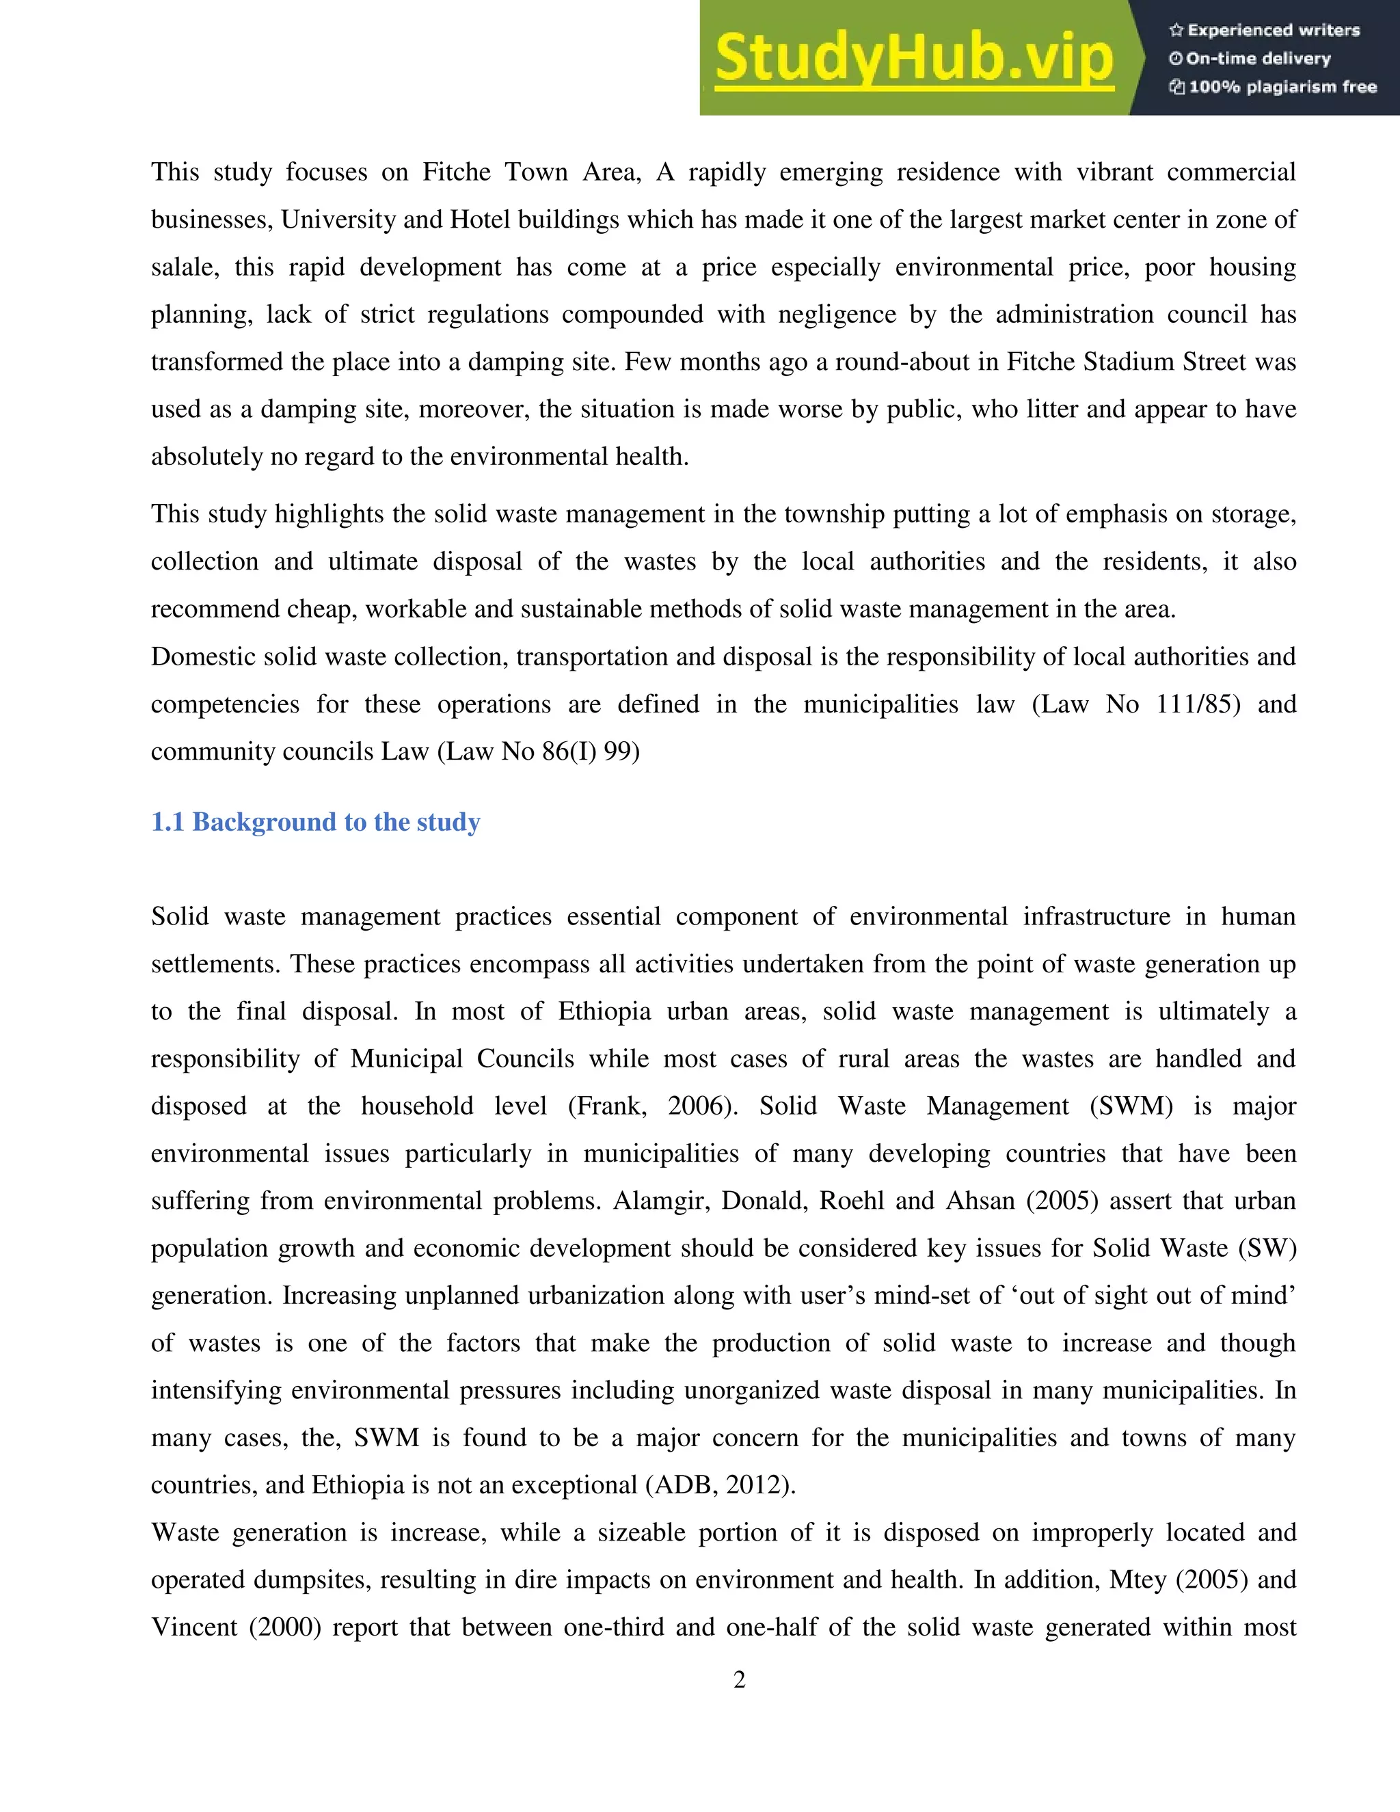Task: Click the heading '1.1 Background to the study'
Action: [x=315, y=822]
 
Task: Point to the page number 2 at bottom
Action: [x=739, y=1679]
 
